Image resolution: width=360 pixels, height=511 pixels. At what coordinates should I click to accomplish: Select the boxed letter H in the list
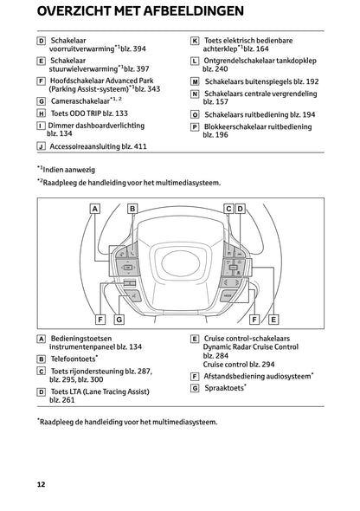[42, 113]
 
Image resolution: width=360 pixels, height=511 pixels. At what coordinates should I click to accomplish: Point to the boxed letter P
[195, 126]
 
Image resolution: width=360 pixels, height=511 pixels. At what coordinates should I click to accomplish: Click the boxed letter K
[195, 41]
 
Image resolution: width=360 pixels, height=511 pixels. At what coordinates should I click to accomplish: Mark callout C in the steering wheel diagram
[228, 209]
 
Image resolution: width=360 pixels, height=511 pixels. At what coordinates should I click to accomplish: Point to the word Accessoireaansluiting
[82, 146]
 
